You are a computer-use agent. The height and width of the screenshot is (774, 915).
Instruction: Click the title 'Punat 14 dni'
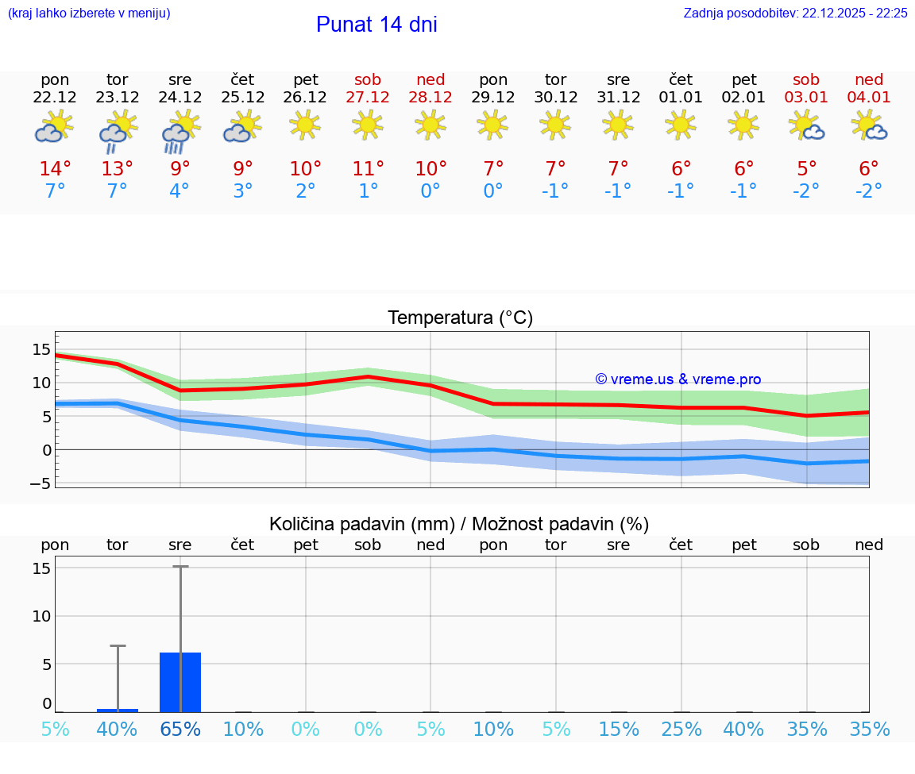(x=376, y=25)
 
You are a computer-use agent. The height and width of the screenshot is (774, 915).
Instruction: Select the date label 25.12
(x=242, y=98)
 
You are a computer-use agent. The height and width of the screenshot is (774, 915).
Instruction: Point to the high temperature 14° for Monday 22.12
(x=55, y=169)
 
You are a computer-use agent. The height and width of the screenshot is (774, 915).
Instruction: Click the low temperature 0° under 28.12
(x=430, y=191)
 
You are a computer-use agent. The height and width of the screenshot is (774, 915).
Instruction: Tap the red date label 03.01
(x=806, y=98)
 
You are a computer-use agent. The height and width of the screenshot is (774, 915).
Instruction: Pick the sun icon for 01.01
(x=681, y=124)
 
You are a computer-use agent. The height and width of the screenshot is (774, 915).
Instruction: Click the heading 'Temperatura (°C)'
(x=460, y=318)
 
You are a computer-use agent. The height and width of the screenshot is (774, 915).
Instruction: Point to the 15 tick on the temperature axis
(x=41, y=350)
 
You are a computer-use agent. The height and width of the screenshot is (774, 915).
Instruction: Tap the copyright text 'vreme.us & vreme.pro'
(x=678, y=379)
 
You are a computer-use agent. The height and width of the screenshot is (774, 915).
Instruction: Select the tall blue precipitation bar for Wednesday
(x=180, y=682)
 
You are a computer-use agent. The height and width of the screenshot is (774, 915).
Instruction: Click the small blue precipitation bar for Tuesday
(x=118, y=710)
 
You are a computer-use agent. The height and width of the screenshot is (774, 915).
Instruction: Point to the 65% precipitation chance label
(x=180, y=730)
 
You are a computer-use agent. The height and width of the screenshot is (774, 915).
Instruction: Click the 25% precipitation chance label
(x=681, y=730)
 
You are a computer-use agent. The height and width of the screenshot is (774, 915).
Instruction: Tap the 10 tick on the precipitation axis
(x=41, y=616)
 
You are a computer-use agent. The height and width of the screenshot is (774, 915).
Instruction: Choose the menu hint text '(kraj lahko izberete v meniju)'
(x=89, y=13)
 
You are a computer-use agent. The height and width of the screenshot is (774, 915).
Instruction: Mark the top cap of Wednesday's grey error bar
(x=180, y=567)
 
